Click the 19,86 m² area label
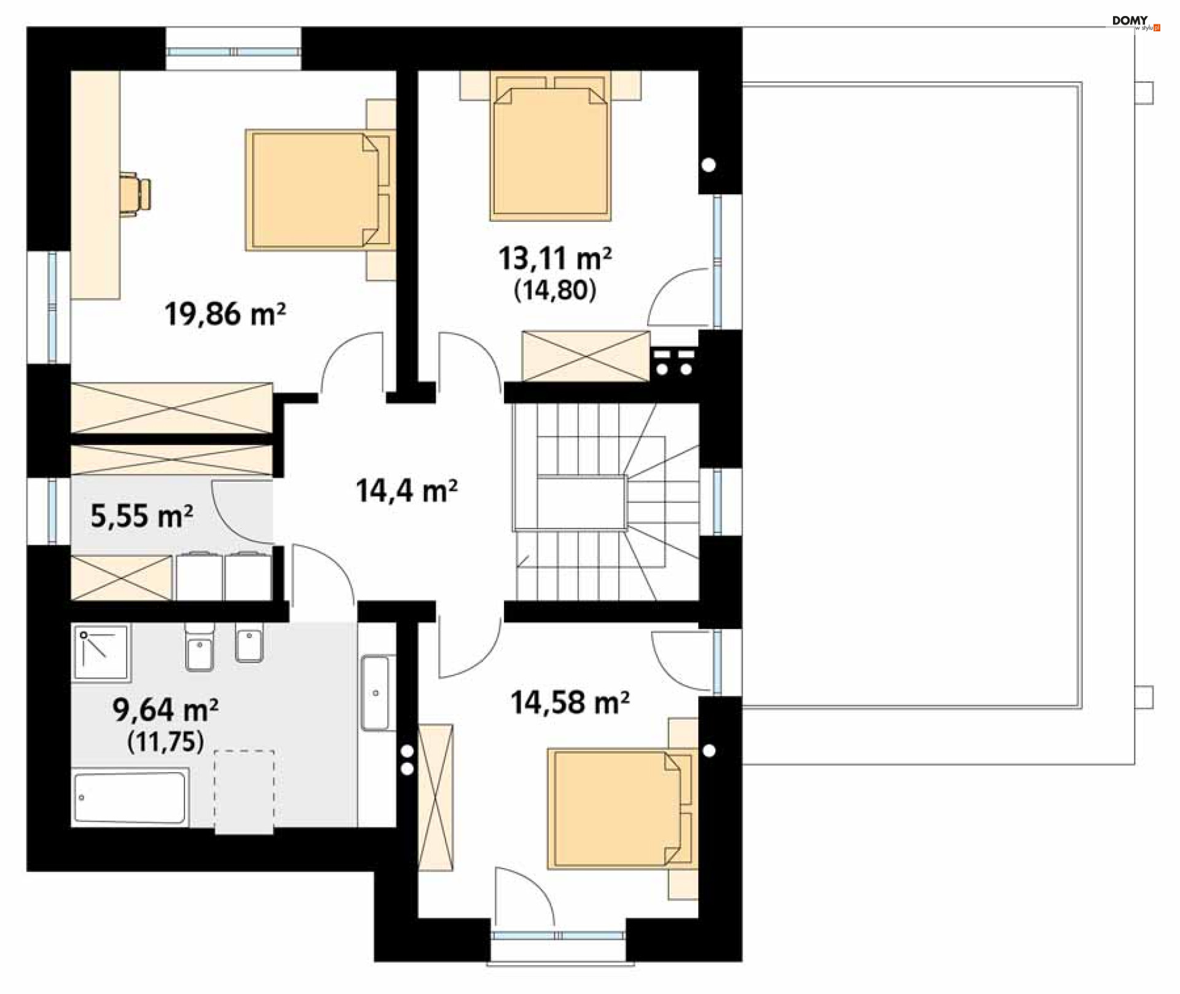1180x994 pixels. (x=225, y=314)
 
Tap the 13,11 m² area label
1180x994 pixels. (x=555, y=258)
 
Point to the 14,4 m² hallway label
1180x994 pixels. (x=407, y=491)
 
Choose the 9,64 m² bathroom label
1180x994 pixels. (x=165, y=709)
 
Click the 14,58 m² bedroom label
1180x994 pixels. (x=570, y=702)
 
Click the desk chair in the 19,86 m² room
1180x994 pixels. (x=136, y=194)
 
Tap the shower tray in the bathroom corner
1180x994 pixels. (x=101, y=653)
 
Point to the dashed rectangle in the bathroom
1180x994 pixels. (x=244, y=792)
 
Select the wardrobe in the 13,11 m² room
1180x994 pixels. (x=586, y=356)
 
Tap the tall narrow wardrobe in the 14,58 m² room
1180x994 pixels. (x=435, y=797)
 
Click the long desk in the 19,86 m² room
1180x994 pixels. (x=95, y=185)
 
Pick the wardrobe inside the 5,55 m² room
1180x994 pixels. (x=122, y=577)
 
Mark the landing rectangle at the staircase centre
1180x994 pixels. (x=581, y=503)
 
